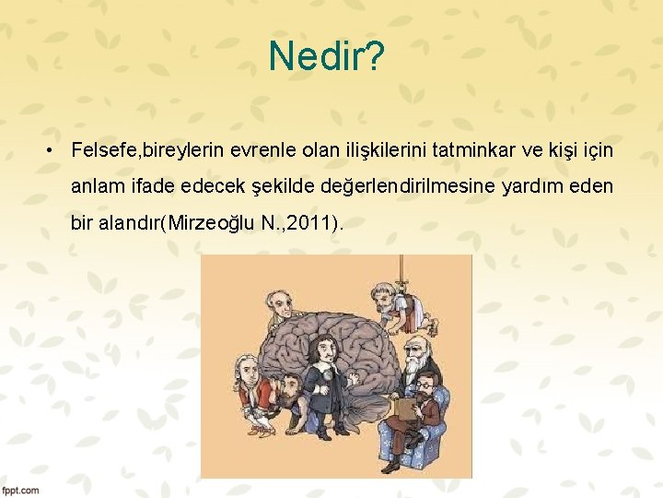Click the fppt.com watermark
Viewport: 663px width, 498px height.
20,490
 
